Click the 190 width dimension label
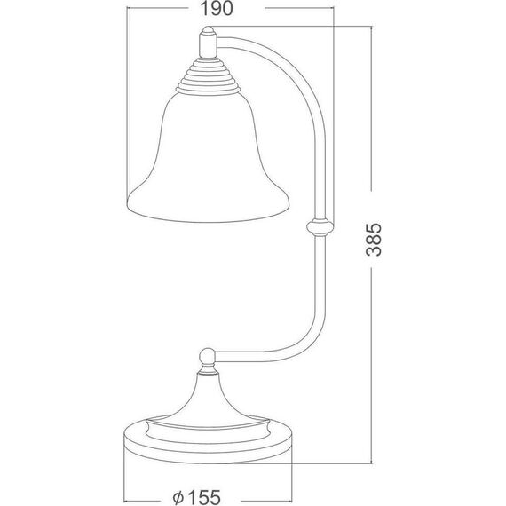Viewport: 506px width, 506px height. tap(217, 9)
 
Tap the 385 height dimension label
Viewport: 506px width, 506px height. tap(374, 240)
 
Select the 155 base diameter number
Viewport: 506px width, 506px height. tap(205, 497)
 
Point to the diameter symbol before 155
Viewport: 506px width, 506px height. tap(178, 498)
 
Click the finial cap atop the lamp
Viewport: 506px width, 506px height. tap(208, 30)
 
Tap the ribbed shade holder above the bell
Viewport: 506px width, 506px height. tap(209, 76)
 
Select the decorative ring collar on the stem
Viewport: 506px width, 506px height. tap(320, 227)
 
